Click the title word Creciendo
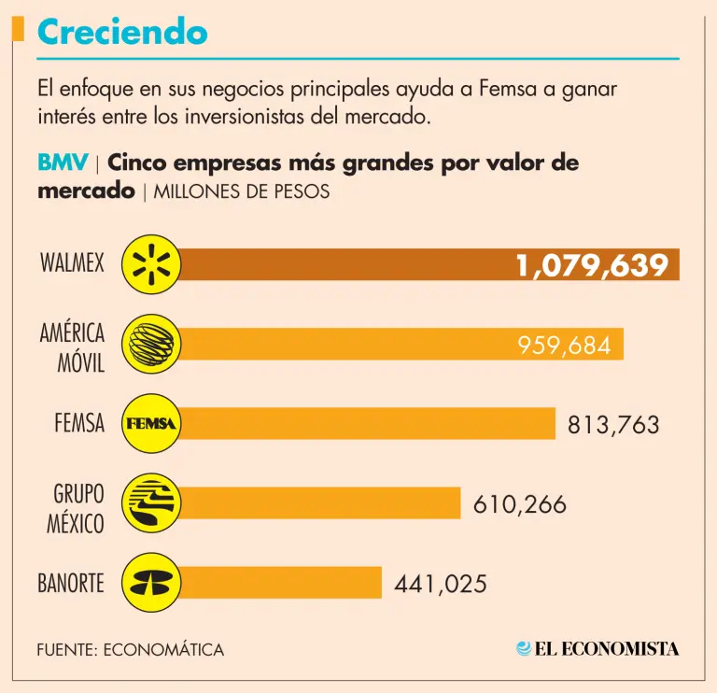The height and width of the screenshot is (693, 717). coord(122,33)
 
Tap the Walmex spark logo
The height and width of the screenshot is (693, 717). coord(151,265)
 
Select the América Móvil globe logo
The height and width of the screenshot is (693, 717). coord(151,344)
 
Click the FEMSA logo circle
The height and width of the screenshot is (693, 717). coord(151,424)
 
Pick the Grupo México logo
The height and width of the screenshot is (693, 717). coord(151,503)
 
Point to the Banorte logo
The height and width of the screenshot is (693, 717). coord(151,583)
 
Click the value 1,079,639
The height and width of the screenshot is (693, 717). coord(593,265)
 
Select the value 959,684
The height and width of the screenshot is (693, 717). coord(564,346)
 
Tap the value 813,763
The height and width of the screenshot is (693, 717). coord(613,425)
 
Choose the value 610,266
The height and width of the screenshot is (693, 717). coord(520,504)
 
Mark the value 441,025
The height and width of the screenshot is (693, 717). coord(441,585)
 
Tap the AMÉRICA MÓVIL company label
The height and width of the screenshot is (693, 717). coord(73,346)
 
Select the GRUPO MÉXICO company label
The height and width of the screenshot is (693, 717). coord(77,507)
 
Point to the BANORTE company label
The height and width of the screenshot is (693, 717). coord(71,585)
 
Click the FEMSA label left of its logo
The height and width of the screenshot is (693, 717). coord(79,424)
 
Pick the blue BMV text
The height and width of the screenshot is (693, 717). coord(63,163)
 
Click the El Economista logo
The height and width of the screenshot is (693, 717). coord(597,648)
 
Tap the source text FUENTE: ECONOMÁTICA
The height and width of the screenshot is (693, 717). coord(131,649)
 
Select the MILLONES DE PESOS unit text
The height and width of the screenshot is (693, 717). coord(240,192)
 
